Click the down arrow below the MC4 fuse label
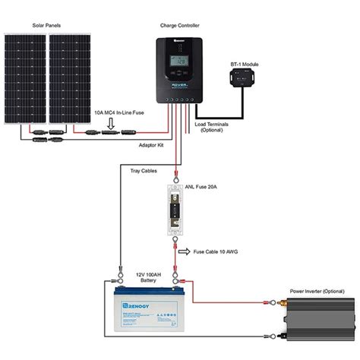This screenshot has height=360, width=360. click(111, 122)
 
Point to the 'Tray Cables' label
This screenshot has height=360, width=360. click(143, 171)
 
